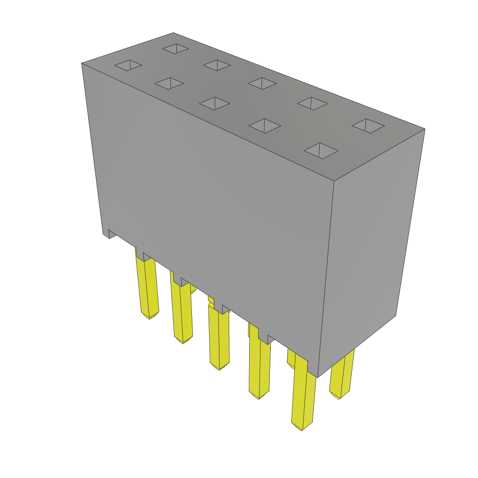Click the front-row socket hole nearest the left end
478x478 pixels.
tap(128, 65)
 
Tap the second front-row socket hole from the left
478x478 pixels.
tap(169, 84)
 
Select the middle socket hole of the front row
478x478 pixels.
tap(214, 103)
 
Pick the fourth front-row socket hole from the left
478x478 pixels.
tap(265, 126)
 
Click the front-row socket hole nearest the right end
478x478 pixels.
tap(321, 150)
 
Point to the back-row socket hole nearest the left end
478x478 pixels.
tap(176, 49)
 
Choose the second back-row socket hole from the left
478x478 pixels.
tap(217, 65)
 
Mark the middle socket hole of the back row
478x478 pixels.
tap(262, 83)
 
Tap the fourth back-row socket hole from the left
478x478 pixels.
tap(312, 103)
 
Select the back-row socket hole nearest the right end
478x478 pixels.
tap(368, 126)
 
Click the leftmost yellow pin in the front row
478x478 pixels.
tap(148, 289)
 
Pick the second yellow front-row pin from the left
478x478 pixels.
tap(183, 313)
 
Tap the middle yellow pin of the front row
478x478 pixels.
tap(219, 338)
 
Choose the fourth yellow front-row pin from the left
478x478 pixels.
tap(260, 369)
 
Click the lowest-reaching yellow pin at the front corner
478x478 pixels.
tap(303, 397)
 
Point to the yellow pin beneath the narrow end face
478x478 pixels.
tap(342, 376)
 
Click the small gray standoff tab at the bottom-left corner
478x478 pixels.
tap(112, 233)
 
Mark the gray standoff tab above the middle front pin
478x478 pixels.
tap(225, 309)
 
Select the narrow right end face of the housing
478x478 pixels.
tap(369, 252)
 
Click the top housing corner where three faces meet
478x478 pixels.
tap(334, 181)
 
